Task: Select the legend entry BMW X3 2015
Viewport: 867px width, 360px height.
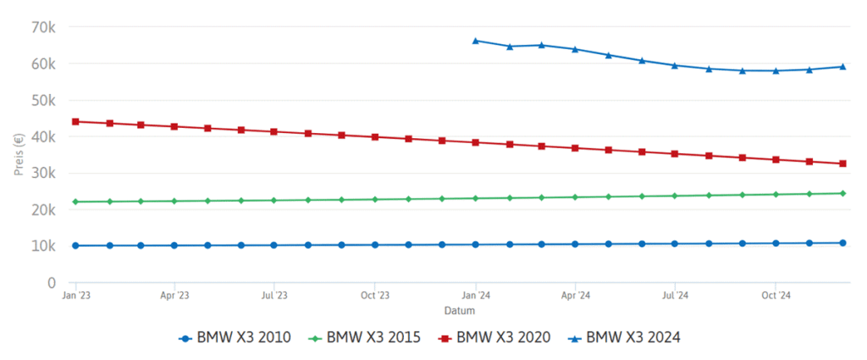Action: point(368,337)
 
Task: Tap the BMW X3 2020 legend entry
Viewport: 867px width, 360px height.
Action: point(497,337)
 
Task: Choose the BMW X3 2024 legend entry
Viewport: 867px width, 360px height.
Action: point(627,337)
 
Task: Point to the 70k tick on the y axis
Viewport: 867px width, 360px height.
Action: point(41,27)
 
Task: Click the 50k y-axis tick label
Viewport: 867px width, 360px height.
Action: point(41,100)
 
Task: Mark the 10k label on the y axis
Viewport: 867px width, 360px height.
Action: point(41,246)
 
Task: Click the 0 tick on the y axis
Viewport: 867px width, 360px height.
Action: point(51,282)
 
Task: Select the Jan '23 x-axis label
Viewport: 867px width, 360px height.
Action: point(75,296)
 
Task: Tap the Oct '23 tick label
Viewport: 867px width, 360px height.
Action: point(374,296)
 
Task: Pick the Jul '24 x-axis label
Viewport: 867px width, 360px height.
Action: point(675,296)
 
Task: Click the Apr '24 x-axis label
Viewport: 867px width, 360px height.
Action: point(575,296)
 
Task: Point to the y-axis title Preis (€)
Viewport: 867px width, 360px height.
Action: point(18,153)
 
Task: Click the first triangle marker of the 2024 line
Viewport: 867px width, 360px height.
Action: point(476,40)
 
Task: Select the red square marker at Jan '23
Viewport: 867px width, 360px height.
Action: point(75,121)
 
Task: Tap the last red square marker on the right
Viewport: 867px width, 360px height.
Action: point(842,163)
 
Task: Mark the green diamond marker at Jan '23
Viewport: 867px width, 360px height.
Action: point(75,202)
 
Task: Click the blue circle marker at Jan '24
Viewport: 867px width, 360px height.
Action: point(476,245)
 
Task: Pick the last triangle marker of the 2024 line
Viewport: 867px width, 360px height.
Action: point(842,66)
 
